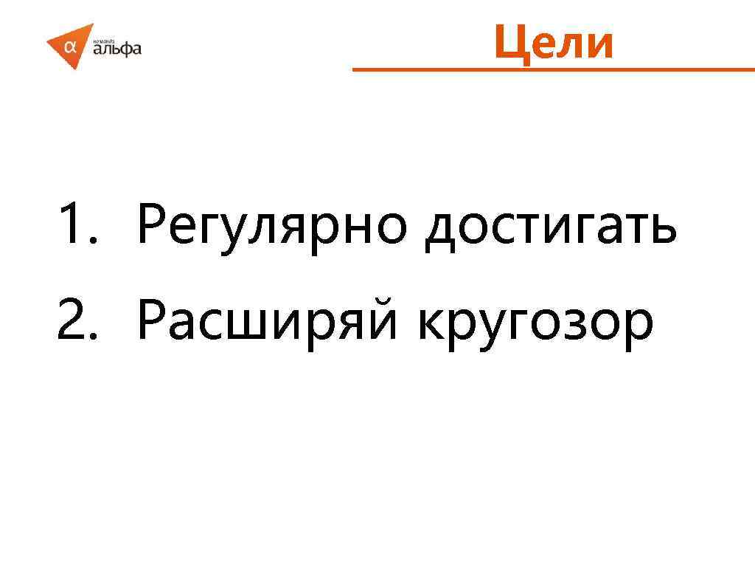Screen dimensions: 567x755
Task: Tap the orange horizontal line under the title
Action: point(553,70)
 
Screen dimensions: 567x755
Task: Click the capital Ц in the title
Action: point(509,42)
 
